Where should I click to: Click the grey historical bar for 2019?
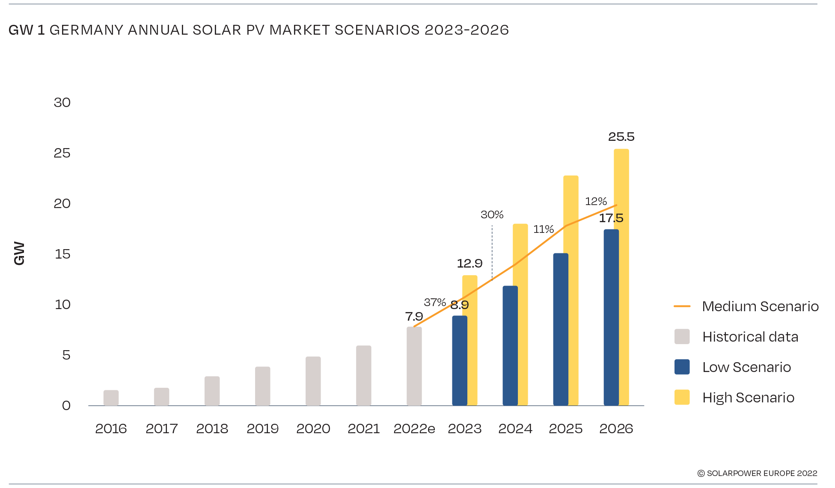click(262, 386)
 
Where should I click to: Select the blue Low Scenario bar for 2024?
click(510, 345)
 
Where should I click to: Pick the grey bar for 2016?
click(111, 398)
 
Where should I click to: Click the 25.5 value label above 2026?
click(621, 137)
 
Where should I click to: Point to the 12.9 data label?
click(470, 264)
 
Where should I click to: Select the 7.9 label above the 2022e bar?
click(414, 317)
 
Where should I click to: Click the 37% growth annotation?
click(435, 303)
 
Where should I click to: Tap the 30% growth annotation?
click(492, 215)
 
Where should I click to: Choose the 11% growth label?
click(544, 229)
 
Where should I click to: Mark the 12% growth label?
click(596, 202)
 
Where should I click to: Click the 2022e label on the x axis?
click(414, 428)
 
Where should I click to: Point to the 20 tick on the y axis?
click(62, 204)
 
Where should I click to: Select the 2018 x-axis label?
click(212, 428)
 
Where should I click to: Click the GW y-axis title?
click(19, 253)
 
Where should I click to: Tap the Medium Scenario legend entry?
click(760, 306)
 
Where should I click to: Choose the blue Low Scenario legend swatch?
click(682, 367)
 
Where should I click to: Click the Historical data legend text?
click(750, 337)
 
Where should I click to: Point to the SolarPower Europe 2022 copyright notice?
click(757, 473)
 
